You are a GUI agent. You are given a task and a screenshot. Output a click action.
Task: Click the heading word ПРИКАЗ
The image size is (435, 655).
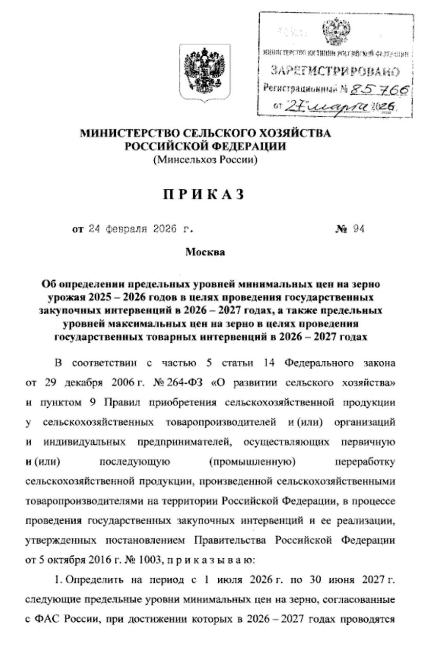[x=203, y=195]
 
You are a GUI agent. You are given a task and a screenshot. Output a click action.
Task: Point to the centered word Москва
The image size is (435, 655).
[x=205, y=252]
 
